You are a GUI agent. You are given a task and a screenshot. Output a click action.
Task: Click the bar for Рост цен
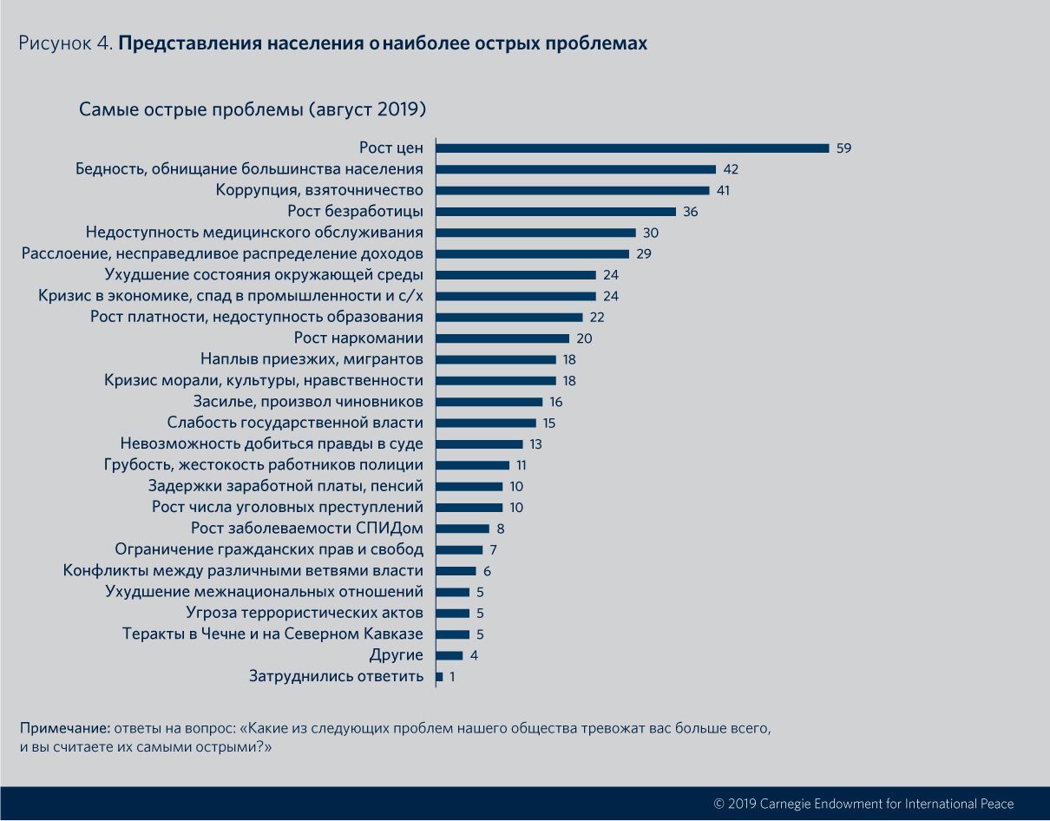click(632, 148)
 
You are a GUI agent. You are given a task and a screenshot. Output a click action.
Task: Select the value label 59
click(843, 148)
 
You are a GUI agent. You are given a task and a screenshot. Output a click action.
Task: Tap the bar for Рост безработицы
click(555, 212)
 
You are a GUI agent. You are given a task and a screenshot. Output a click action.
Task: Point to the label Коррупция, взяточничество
click(319, 190)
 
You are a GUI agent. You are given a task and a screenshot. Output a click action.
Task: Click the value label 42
click(731, 169)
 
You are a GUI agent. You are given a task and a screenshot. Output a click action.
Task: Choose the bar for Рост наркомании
click(502, 338)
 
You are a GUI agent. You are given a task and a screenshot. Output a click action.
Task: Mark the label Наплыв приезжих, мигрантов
click(312, 359)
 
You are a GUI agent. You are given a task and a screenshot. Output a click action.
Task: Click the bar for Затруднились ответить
click(439, 677)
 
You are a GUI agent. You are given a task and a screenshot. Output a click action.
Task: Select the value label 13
click(536, 444)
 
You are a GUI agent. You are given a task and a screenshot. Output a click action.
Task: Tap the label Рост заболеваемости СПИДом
click(307, 529)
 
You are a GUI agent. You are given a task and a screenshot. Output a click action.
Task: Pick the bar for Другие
click(449, 655)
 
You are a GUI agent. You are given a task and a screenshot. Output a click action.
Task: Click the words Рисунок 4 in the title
click(65, 43)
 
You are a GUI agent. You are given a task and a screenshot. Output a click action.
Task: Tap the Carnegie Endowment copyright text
click(863, 804)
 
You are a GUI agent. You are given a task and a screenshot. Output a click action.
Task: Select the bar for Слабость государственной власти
click(486, 423)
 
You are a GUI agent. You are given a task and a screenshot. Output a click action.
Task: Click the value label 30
click(651, 233)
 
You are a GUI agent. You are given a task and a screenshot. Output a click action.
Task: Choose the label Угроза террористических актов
click(305, 614)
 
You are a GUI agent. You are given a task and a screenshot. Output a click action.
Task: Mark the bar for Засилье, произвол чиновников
click(489, 402)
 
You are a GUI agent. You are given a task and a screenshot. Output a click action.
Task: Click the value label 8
click(500, 529)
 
